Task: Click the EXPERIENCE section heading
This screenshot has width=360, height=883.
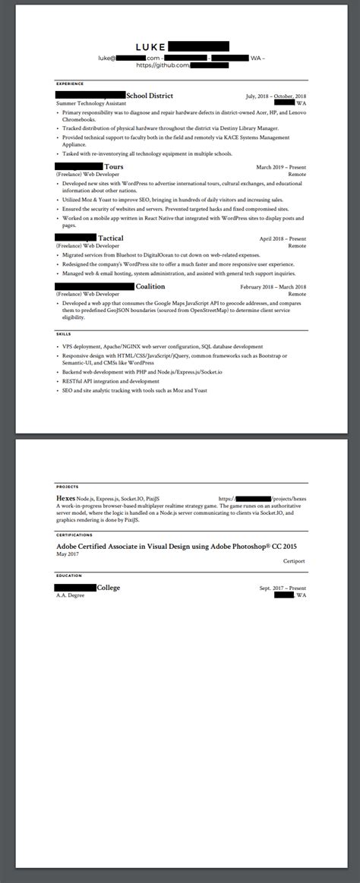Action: pos(70,84)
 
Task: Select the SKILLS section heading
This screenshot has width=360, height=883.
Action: pos(64,334)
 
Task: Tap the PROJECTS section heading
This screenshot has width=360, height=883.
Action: pos(67,487)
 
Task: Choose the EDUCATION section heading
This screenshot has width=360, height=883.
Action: pos(68,576)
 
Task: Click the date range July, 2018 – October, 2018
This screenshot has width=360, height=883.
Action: pos(276,96)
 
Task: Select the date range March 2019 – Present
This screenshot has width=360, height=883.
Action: pos(281,167)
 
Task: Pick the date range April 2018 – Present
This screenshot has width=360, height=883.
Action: pos(283,238)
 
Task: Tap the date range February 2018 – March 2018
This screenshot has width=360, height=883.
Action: pos(273,287)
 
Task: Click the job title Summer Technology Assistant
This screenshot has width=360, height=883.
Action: pos(92,103)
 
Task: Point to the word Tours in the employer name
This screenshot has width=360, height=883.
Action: pos(114,166)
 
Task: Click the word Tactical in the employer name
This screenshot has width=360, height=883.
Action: pos(111,238)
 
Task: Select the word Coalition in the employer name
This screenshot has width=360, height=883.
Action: pos(150,287)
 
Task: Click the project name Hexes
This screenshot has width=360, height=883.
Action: pos(65,498)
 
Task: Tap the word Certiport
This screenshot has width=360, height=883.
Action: pos(293,563)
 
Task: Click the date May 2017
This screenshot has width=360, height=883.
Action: pos(67,553)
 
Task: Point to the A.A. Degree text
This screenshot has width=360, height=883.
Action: pos(70,595)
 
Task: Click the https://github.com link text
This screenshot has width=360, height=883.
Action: pos(162,66)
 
